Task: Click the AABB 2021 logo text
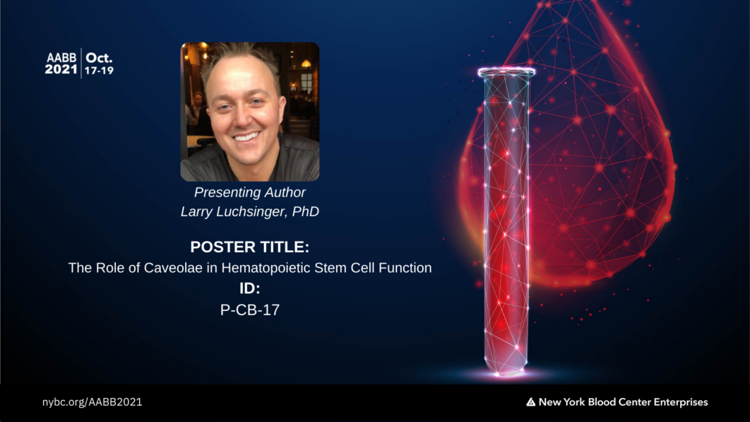(61, 64)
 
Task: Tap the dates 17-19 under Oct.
(99, 71)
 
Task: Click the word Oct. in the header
(99, 58)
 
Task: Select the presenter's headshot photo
(250, 112)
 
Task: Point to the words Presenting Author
(250, 192)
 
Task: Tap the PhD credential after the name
(306, 211)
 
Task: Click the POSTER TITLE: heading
(250, 247)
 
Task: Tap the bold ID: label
(250, 288)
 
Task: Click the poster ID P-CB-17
(250, 310)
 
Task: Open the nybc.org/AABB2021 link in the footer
(93, 402)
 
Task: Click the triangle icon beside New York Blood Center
(531, 402)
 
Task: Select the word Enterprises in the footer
(681, 402)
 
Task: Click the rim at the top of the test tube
(506, 72)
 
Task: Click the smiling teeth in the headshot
(246, 136)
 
